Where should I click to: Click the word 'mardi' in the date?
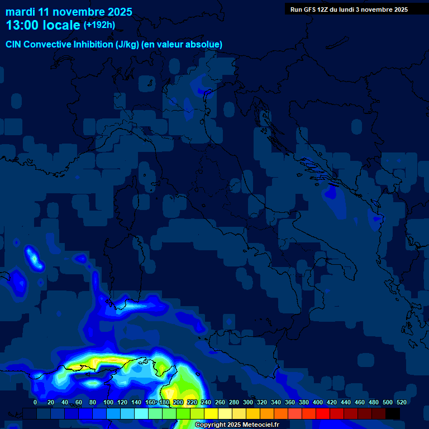click(x=20, y=12)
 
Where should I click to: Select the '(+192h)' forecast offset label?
click(x=99, y=25)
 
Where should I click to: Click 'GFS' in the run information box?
click(x=310, y=9)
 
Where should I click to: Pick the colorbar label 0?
click(x=35, y=402)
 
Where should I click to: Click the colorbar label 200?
click(x=178, y=402)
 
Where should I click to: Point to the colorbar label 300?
click(x=248, y=402)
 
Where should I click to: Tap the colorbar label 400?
click(x=318, y=402)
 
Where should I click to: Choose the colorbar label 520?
click(x=402, y=402)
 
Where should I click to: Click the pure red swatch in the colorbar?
click(x=323, y=414)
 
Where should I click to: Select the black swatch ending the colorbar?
click(x=393, y=414)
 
